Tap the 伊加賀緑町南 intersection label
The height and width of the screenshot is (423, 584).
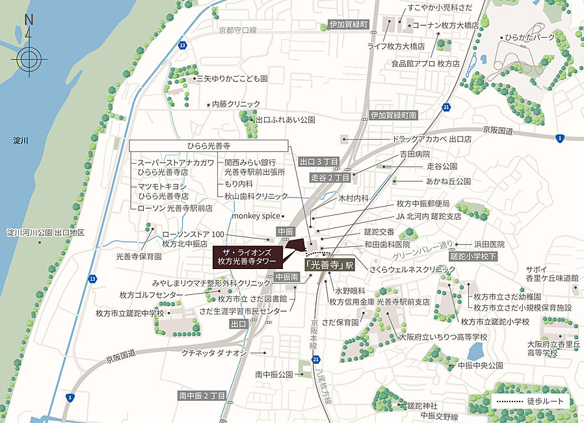pos(393,115)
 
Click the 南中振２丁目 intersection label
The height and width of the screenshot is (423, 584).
pos(202,396)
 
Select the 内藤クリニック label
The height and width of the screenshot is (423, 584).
pos(236,104)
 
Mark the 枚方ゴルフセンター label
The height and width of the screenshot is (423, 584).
pos(152,295)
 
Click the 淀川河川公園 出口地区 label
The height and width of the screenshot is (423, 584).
pos(46,232)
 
